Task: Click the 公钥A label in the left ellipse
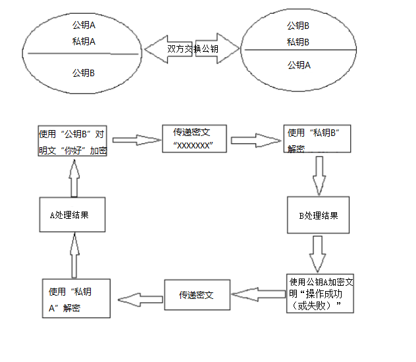[x=84, y=25]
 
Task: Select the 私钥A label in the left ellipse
[x=84, y=41]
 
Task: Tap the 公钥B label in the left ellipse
[x=84, y=73]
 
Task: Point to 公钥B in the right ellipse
[x=298, y=26]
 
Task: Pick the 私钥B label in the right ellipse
[x=298, y=42]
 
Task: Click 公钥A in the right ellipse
[x=299, y=65]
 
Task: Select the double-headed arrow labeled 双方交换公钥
[x=192, y=49]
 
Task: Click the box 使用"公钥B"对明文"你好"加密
[x=72, y=141]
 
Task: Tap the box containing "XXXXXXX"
[x=194, y=139]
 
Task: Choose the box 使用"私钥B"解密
[x=317, y=139]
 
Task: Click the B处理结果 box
[x=319, y=215]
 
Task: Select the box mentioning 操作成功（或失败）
[x=320, y=294]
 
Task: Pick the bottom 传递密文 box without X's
[x=197, y=295]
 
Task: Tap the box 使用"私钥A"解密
[x=76, y=298]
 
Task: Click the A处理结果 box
[x=72, y=214]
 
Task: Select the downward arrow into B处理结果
[x=319, y=176]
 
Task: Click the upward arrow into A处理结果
[x=74, y=256]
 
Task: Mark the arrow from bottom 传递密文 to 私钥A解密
[x=140, y=300]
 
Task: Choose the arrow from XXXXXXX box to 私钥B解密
[x=256, y=141]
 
